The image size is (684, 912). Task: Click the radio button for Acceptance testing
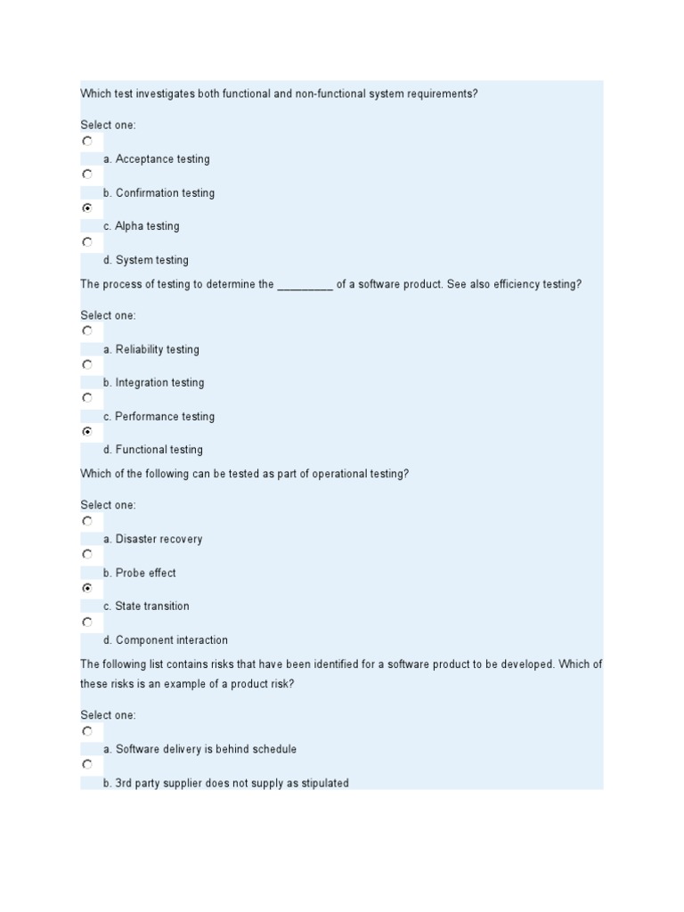87,141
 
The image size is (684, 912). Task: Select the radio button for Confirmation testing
87,175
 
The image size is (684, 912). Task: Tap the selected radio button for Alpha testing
87,208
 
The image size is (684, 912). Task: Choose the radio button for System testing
87,241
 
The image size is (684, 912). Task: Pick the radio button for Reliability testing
87,331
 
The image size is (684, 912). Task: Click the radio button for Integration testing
87,364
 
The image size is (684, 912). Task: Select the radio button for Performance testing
87,398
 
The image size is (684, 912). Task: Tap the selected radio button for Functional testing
87,431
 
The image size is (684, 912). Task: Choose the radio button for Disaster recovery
87,521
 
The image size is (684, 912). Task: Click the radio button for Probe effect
87,554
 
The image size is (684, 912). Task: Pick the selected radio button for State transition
87,588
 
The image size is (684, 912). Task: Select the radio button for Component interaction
87,622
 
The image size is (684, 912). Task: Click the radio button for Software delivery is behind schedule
87,731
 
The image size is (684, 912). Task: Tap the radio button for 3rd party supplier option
87,764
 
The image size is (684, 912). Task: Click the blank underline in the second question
305,286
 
